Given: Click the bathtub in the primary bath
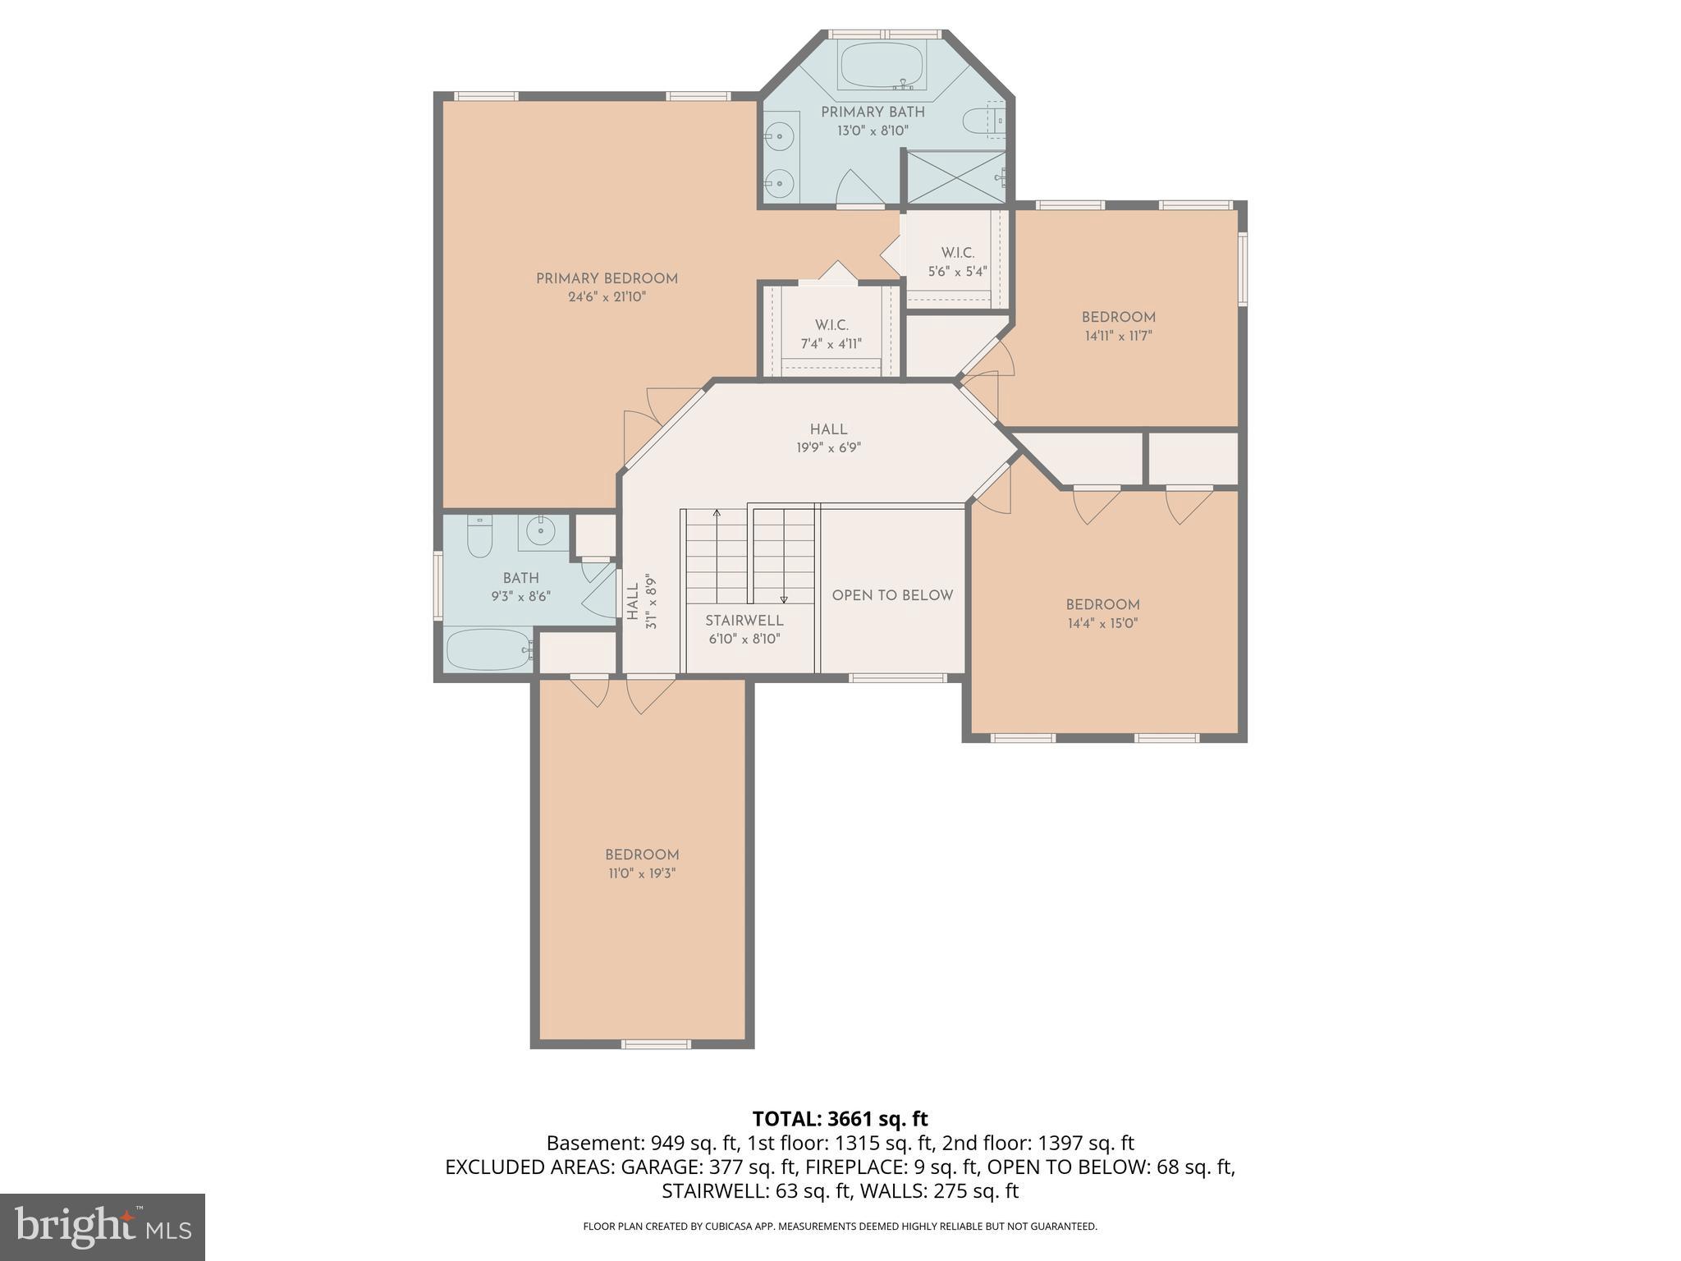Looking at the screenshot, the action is pyautogui.click(x=882, y=65).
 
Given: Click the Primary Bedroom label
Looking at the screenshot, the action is pyautogui.click(x=607, y=278).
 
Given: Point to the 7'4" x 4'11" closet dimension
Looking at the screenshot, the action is pyautogui.click(x=831, y=344).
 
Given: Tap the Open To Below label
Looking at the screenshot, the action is pyautogui.click(x=892, y=595).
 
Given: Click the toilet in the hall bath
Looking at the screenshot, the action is pyautogui.click(x=479, y=536).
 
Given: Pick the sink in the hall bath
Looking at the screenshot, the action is pyautogui.click(x=543, y=532).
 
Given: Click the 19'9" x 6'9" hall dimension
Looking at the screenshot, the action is pyautogui.click(x=828, y=448).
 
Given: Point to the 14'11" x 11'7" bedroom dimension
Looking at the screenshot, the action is pyautogui.click(x=1118, y=336).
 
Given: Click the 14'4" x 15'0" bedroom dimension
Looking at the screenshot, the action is pyautogui.click(x=1102, y=623).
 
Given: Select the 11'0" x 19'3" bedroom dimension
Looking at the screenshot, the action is pyautogui.click(x=642, y=874).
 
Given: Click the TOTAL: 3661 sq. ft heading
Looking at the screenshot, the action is pyautogui.click(x=840, y=1118).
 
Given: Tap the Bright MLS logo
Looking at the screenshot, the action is pyautogui.click(x=103, y=1227).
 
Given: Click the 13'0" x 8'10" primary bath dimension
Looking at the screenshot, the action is pyautogui.click(x=873, y=131).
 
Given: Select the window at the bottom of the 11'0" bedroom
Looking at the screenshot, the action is pyautogui.click(x=656, y=1044).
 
